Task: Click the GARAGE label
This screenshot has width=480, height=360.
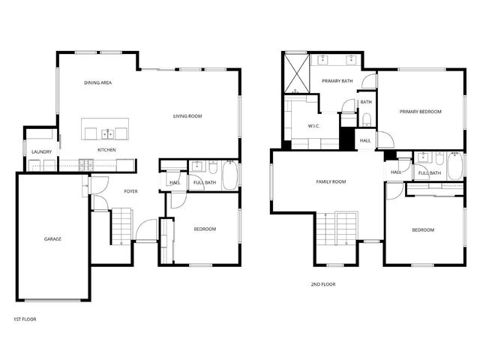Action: pyautogui.click(x=52, y=239)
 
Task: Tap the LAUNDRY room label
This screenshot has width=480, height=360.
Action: pyautogui.click(x=41, y=152)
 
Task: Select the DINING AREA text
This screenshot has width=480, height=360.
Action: pyautogui.click(x=98, y=82)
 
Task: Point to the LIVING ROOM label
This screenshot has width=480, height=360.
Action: pyautogui.click(x=187, y=116)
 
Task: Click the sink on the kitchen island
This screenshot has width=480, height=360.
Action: pyautogui.click(x=108, y=133)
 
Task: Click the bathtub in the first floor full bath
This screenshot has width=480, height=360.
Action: pyautogui.click(x=229, y=175)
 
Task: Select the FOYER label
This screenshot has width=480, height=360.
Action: pyautogui.click(x=131, y=191)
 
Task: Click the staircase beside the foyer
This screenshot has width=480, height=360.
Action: pyautogui.click(x=121, y=225)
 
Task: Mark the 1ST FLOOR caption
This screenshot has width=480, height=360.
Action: pyautogui.click(x=25, y=319)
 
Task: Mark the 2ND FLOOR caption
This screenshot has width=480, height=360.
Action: pyautogui.click(x=322, y=284)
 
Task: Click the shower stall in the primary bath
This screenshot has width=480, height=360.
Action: pyautogui.click(x=295, y=75)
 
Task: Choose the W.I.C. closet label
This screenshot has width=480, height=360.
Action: pyautogui.click(x=313, y=126)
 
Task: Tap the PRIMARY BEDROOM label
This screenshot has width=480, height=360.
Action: pyautogui.click(x=420, y=112)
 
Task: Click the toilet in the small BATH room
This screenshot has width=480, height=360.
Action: pyautogui.click(x=366, y=119)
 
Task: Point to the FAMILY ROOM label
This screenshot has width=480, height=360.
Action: pyautogui.click(x=330, y=181)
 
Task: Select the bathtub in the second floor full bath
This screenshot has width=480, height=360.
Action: pyautogui.click(x=454, y=166)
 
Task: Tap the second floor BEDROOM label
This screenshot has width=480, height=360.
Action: pyautogui.click(x=423, y=230)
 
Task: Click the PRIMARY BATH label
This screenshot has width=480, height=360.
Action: pyautogui.click(x=337, y=81)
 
